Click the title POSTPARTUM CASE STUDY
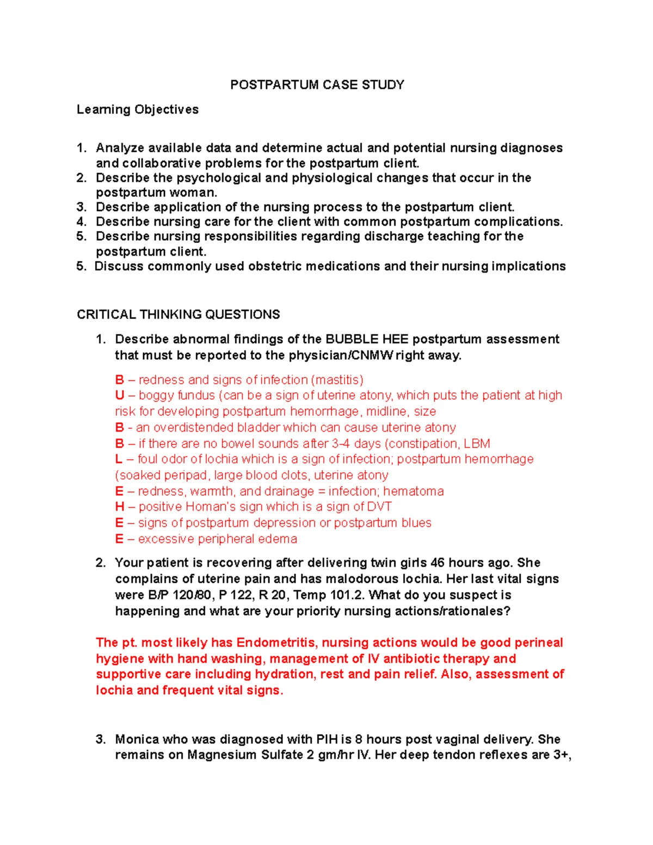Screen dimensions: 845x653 (x=317, y=85)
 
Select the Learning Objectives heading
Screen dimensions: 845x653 (x=138, y=110)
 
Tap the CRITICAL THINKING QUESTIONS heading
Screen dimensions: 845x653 (x=178, y=314)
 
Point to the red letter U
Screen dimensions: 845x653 (x=120, y=396)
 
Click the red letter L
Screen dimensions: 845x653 (x=119, y=459)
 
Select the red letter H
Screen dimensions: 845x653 (x=120, y=507)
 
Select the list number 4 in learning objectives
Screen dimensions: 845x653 (x=81, y=222)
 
